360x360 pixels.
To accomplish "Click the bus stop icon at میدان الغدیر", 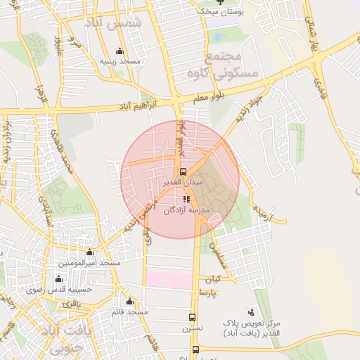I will (x=183, y=171).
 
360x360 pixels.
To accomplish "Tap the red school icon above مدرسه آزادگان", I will (x=186, y=200).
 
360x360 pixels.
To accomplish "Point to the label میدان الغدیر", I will (x=183, y=182).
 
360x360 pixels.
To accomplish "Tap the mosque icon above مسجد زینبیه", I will (x=120, y=51).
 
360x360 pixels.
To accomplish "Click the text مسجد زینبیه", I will (x=120, y=62).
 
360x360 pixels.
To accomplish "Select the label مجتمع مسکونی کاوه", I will (x=233, y=64).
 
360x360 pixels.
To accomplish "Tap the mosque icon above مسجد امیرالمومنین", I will (x=89, y=252).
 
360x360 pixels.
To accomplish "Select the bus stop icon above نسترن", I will (x=192, y=317).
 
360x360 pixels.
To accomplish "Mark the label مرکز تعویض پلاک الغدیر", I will (x=251, y=327).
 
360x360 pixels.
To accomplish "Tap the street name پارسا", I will (x=206, y=292).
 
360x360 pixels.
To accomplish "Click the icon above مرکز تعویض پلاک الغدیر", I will (x=251, y=311).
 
